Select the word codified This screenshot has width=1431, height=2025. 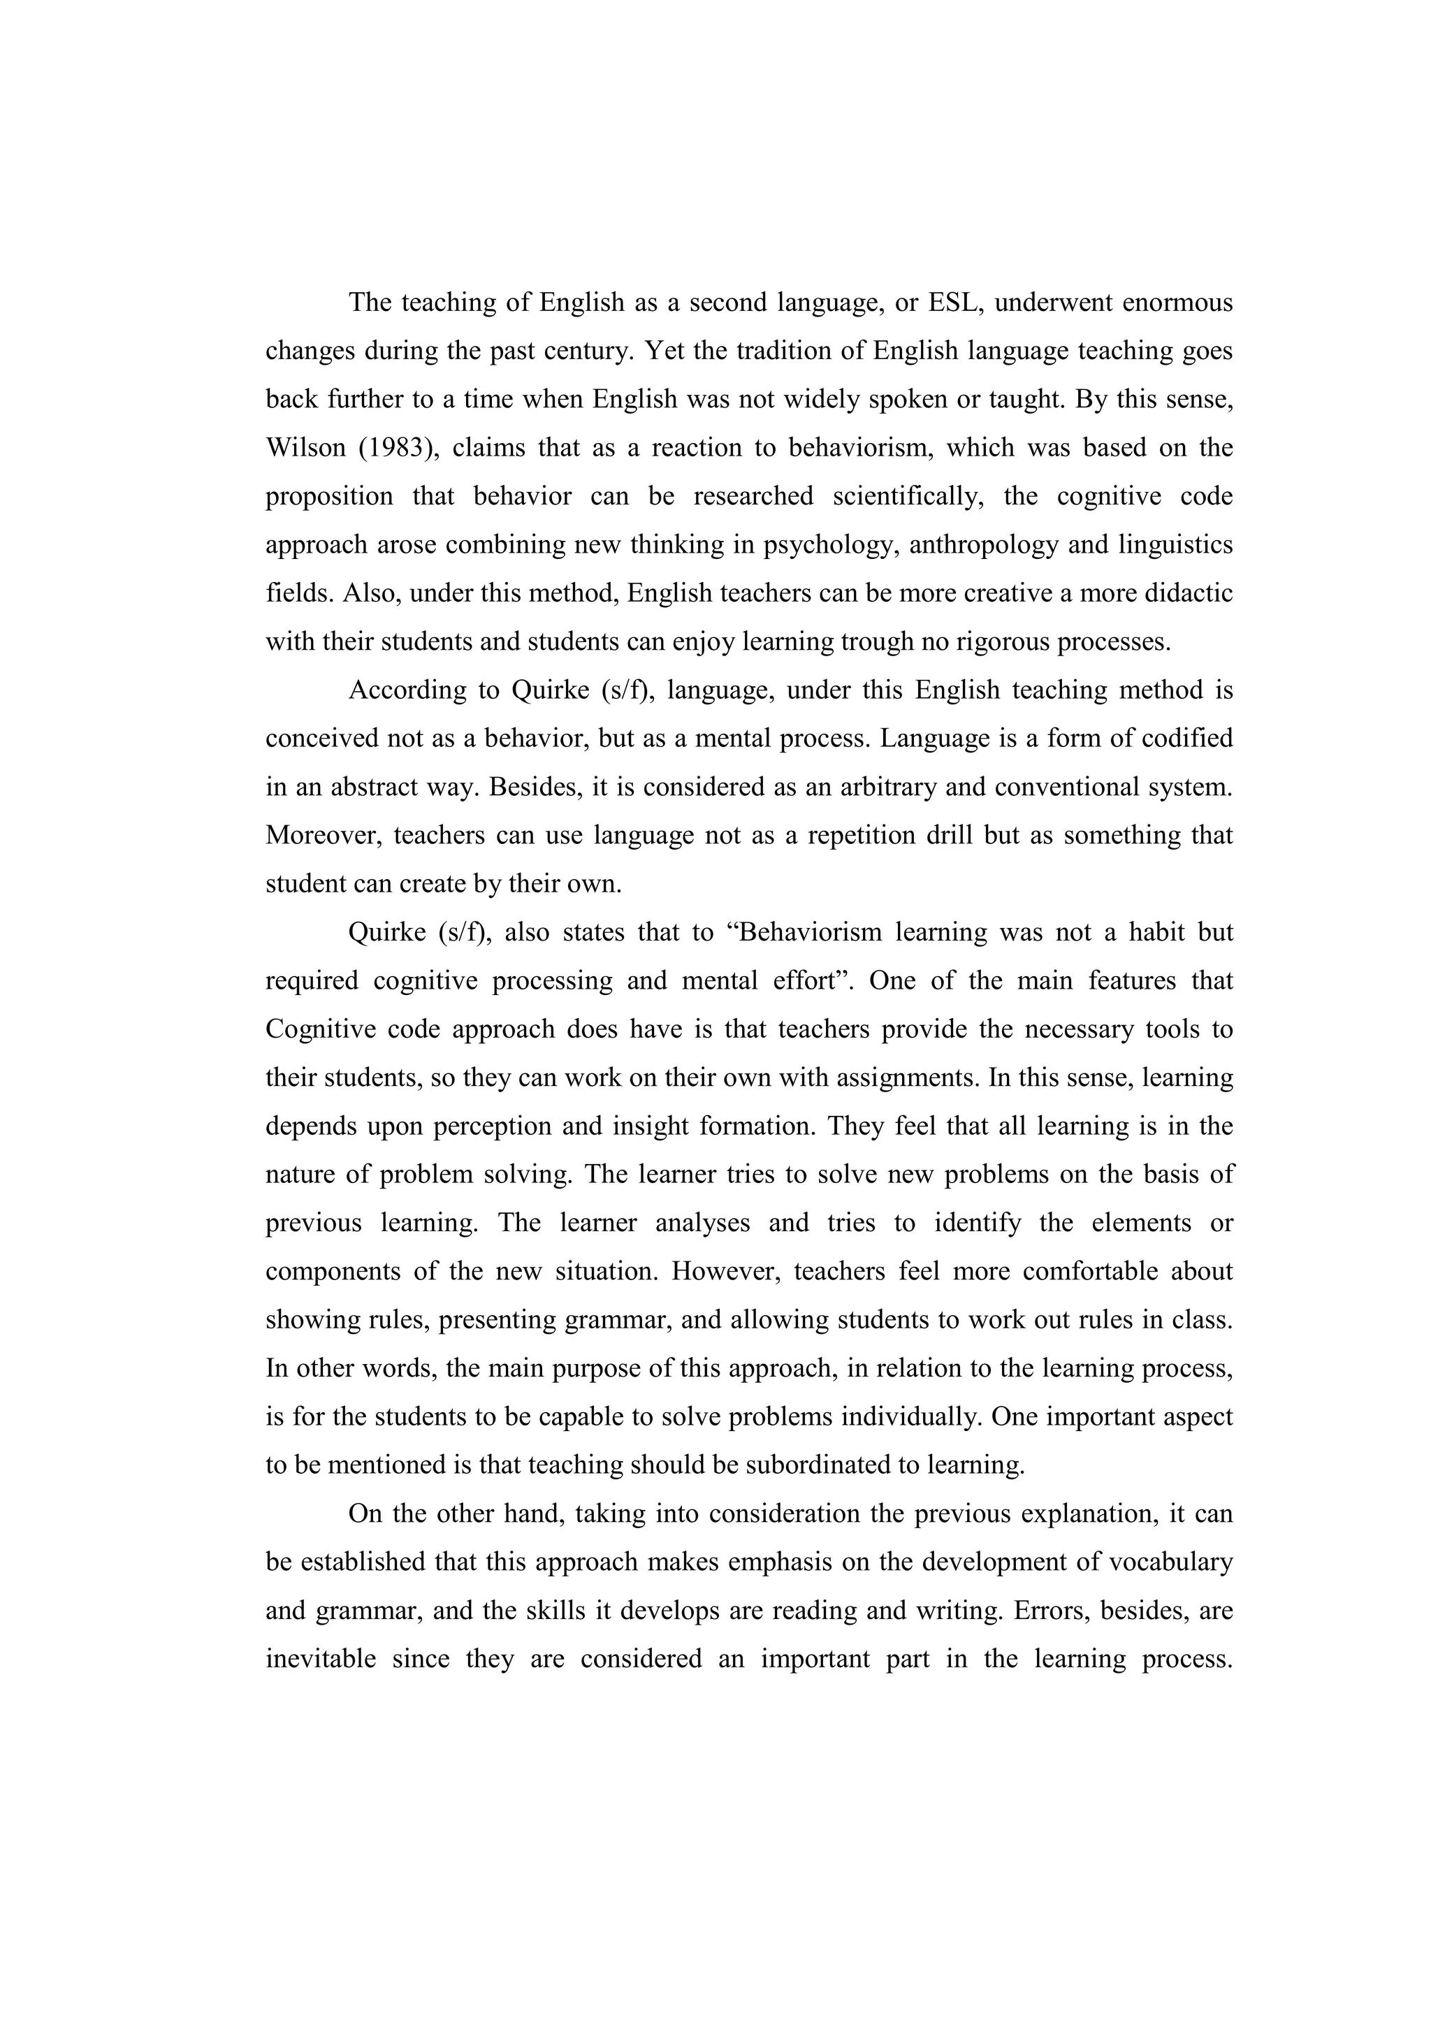(1186, 738)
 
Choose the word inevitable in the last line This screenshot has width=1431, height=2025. (323, 1659)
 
